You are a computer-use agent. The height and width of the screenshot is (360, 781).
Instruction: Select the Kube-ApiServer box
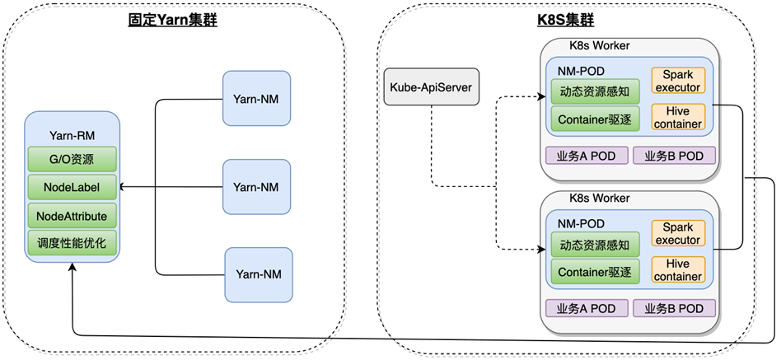pos(430,87)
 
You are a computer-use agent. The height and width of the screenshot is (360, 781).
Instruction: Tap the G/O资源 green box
pos(72,159)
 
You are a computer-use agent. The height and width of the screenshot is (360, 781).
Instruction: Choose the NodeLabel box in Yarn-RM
pos(72,187)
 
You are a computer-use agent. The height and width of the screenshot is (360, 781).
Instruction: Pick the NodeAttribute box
pos(72,215)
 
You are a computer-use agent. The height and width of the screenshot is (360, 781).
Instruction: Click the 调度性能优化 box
pos(72,243)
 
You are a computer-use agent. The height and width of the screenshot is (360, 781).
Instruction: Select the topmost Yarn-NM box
pos(256,99)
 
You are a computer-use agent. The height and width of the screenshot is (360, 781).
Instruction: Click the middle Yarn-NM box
pos(256,187)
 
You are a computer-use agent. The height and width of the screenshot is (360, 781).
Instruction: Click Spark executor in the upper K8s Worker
pos(678,81)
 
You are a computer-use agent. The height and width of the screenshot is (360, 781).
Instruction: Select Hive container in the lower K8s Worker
pos(678,269)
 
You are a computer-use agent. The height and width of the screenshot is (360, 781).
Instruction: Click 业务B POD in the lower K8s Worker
pos(674,308)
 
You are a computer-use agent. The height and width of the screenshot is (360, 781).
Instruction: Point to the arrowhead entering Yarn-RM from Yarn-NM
pos(123,187)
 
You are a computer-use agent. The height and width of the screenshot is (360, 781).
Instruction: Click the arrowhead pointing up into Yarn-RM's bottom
pos(72,268)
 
